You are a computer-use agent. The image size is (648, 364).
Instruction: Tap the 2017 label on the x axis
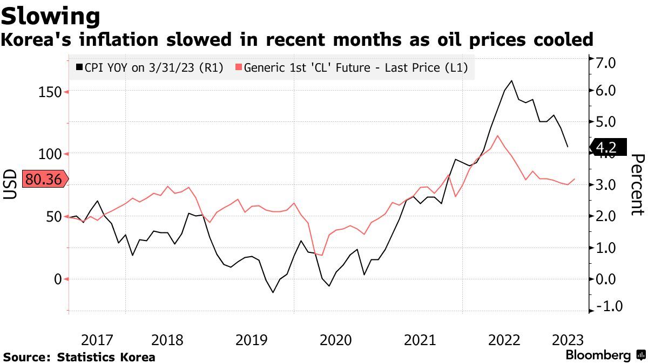coord(97,340)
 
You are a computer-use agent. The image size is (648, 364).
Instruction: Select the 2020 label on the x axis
coord(336,340)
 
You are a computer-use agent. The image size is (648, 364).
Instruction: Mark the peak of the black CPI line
coord(511,80)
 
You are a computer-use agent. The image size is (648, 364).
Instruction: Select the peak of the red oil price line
coord(497,135)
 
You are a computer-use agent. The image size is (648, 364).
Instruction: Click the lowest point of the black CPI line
coord(273,292)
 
